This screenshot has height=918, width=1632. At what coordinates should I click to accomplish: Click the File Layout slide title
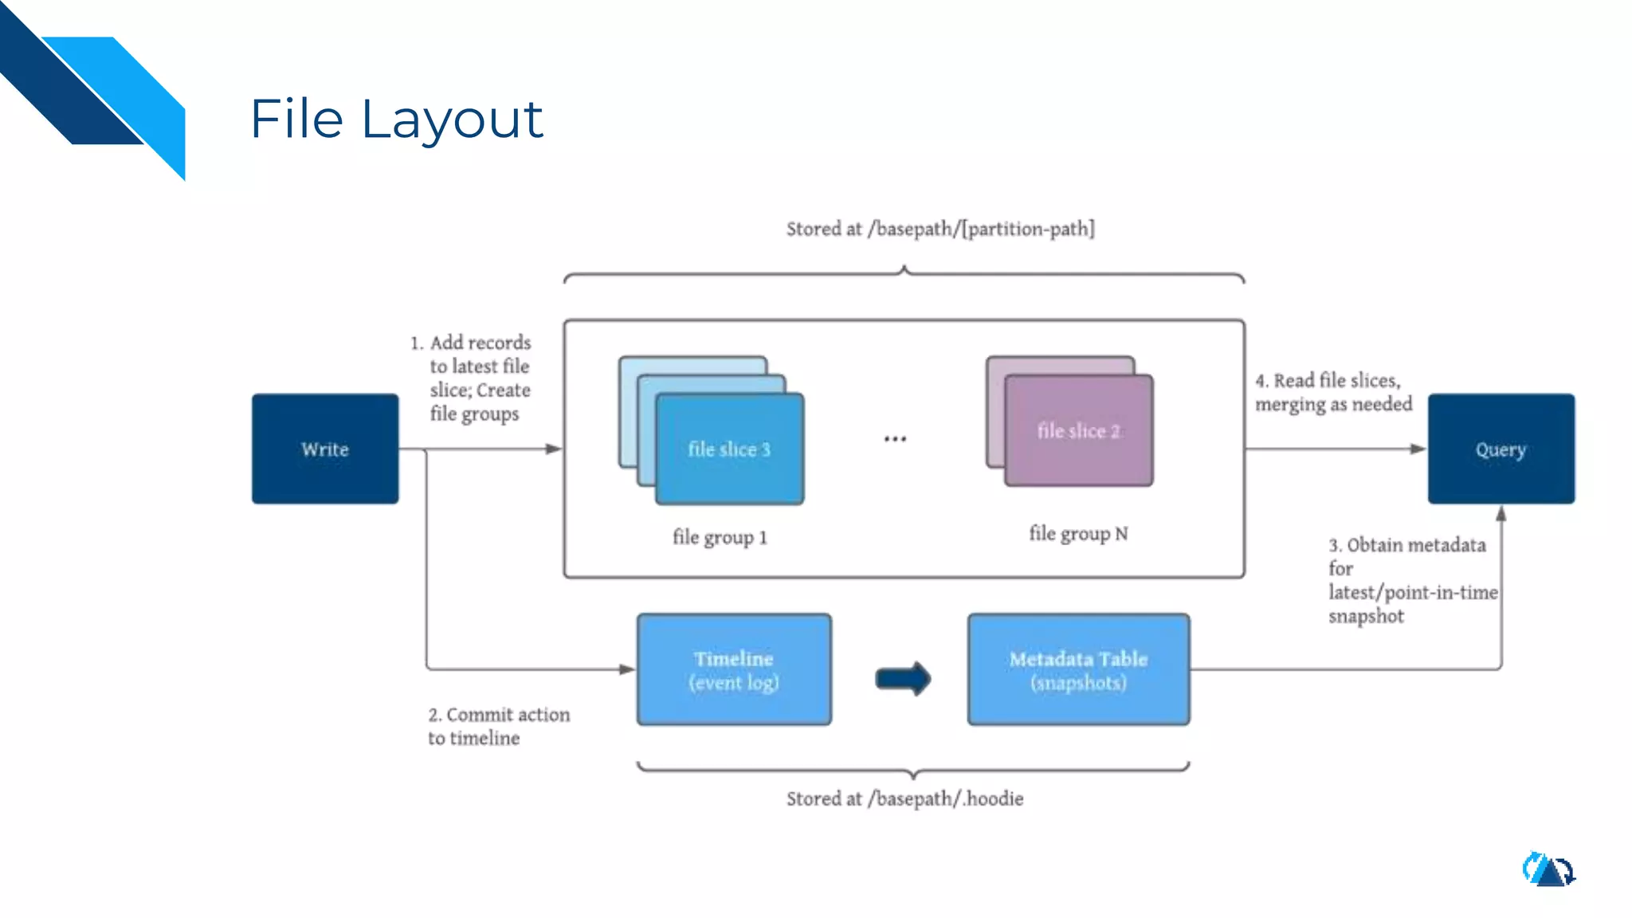[396, 120]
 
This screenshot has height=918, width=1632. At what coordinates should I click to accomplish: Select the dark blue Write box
[325, 449]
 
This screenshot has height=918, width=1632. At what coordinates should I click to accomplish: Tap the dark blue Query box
[1501, 449]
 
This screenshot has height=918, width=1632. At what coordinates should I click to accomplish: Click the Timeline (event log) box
[734, 669]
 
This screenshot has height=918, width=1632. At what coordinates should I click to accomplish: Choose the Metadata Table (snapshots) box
[1078, 669]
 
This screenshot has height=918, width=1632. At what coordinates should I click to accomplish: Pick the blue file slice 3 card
[729, 449]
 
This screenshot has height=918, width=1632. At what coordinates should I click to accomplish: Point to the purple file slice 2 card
[1078, 431]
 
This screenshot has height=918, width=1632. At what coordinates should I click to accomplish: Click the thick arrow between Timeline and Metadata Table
[903, 679]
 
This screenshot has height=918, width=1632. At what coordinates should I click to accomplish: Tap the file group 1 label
[720, 537]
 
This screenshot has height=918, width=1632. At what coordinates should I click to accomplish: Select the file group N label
[1078, 534]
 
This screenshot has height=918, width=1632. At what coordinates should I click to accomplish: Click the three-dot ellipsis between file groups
[895, 439]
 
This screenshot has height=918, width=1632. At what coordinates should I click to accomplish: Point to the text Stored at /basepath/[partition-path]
[940, 229]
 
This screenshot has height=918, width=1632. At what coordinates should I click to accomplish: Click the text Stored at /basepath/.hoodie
[904, 798]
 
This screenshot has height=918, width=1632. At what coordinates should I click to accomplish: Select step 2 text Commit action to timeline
[499, 726]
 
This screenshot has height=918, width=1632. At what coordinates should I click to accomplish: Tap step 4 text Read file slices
[1333, 392]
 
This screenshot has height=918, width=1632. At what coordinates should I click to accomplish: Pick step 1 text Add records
[479, 378]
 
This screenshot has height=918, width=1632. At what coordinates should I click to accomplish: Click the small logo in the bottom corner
[1548, 869]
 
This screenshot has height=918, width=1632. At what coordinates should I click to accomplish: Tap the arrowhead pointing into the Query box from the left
[1418, 449]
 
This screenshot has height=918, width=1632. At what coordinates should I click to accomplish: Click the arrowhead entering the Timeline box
[627, 669]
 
